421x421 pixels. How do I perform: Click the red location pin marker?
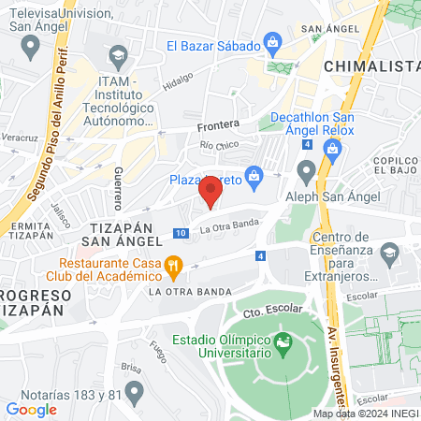[x=211, y=191]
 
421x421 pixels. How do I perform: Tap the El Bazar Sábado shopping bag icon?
[x=272, y=41]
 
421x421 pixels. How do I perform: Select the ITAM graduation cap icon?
[x=118, y=59]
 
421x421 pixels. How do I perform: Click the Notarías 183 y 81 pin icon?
[x=135, y=391]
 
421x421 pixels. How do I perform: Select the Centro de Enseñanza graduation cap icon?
[x=390, y=252]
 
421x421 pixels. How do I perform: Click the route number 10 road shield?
[x=179, y=232]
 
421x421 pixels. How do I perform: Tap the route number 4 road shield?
[x=259, y=255]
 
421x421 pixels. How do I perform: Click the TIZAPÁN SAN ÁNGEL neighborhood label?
[x=126, y=234]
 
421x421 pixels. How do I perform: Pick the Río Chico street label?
[x=219, y=145]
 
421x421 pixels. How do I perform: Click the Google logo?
[x=32, y=409]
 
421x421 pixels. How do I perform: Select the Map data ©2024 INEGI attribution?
[x=365, y=414]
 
